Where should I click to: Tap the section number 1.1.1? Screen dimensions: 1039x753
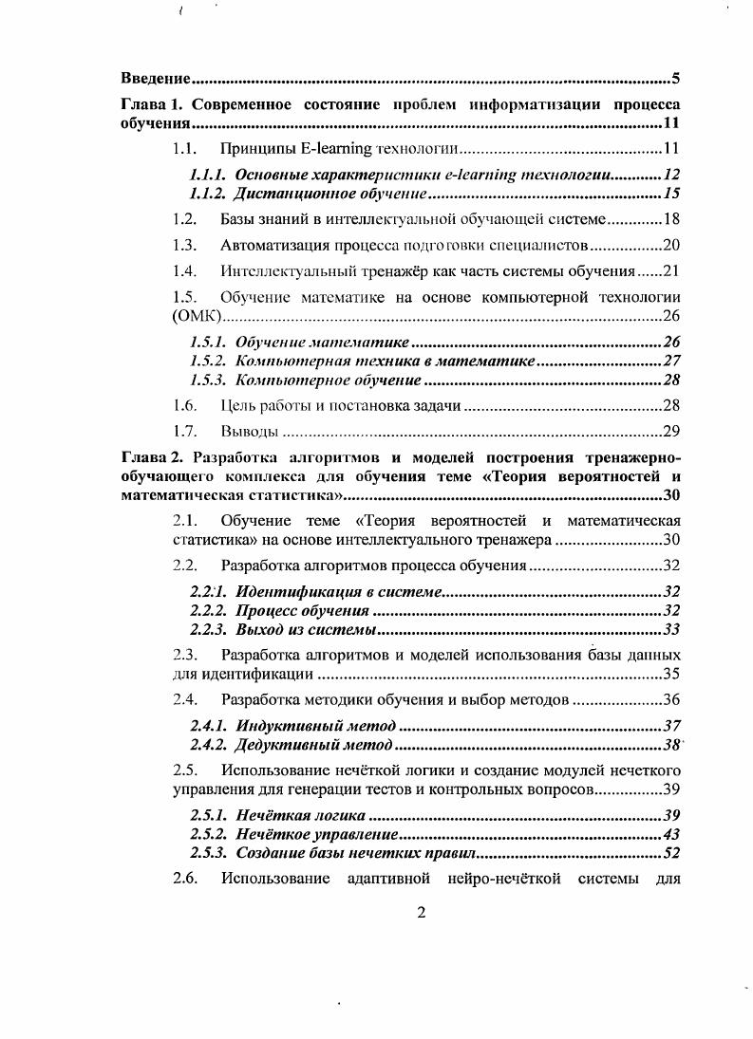pyautogui.click(x=208, y=175)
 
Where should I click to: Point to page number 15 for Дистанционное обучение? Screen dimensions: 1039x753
pyautogui.click(x=672, y=194)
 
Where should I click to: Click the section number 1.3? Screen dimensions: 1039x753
pyautogui.click(x=184, y=245)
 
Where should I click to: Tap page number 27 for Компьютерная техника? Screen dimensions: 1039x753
pyautogui.click(x=672, y=361)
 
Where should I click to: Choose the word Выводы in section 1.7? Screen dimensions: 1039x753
pyautogui.click(x=249, y=432)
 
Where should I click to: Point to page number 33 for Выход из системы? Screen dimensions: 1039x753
pyautogui.click(x=672, y=628)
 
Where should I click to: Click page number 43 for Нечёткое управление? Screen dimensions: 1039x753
pyautogui.click(x=672, y=834)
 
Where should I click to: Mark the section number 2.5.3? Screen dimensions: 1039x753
pyautogui.click(x=208, y=852)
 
